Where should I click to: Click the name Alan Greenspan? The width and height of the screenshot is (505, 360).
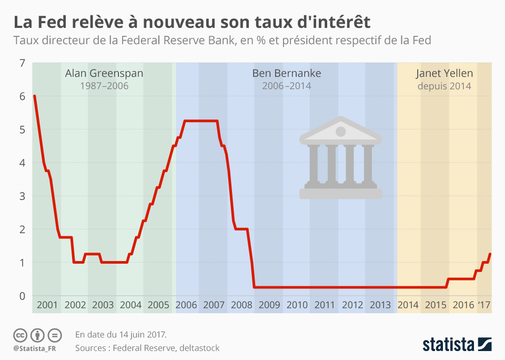tap(104, 73)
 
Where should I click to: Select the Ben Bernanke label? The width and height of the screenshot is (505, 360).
tap(286, 73)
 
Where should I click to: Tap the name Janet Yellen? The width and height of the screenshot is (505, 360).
tap(444, 73)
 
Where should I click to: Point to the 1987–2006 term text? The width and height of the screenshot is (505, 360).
tap(104, 86)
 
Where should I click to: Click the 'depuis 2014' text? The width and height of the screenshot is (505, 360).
tap(444, 86)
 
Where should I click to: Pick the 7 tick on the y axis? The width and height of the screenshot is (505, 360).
tap(22, 63)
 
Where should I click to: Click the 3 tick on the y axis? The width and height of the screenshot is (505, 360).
tap(22, 196)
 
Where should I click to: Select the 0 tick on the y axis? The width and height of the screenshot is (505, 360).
tap(22, 296)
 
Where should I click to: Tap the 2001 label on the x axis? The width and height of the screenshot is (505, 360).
tap(47, 305)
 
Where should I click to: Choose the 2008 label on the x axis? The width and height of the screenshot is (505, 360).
tap(241, 305)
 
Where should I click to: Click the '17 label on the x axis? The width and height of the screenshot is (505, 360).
tap(484, 305)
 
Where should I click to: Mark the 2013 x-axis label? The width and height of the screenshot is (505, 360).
tap(380, 305)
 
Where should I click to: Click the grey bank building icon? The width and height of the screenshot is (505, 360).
tap(340, 158)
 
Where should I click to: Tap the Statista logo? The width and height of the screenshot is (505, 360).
tap(457, 345)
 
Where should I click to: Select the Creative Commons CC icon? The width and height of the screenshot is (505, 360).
tap(20, 335)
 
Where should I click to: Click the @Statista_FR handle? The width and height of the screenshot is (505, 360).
tap(35, 348)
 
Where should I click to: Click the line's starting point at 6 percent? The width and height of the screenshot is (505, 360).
tap(34, 96)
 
